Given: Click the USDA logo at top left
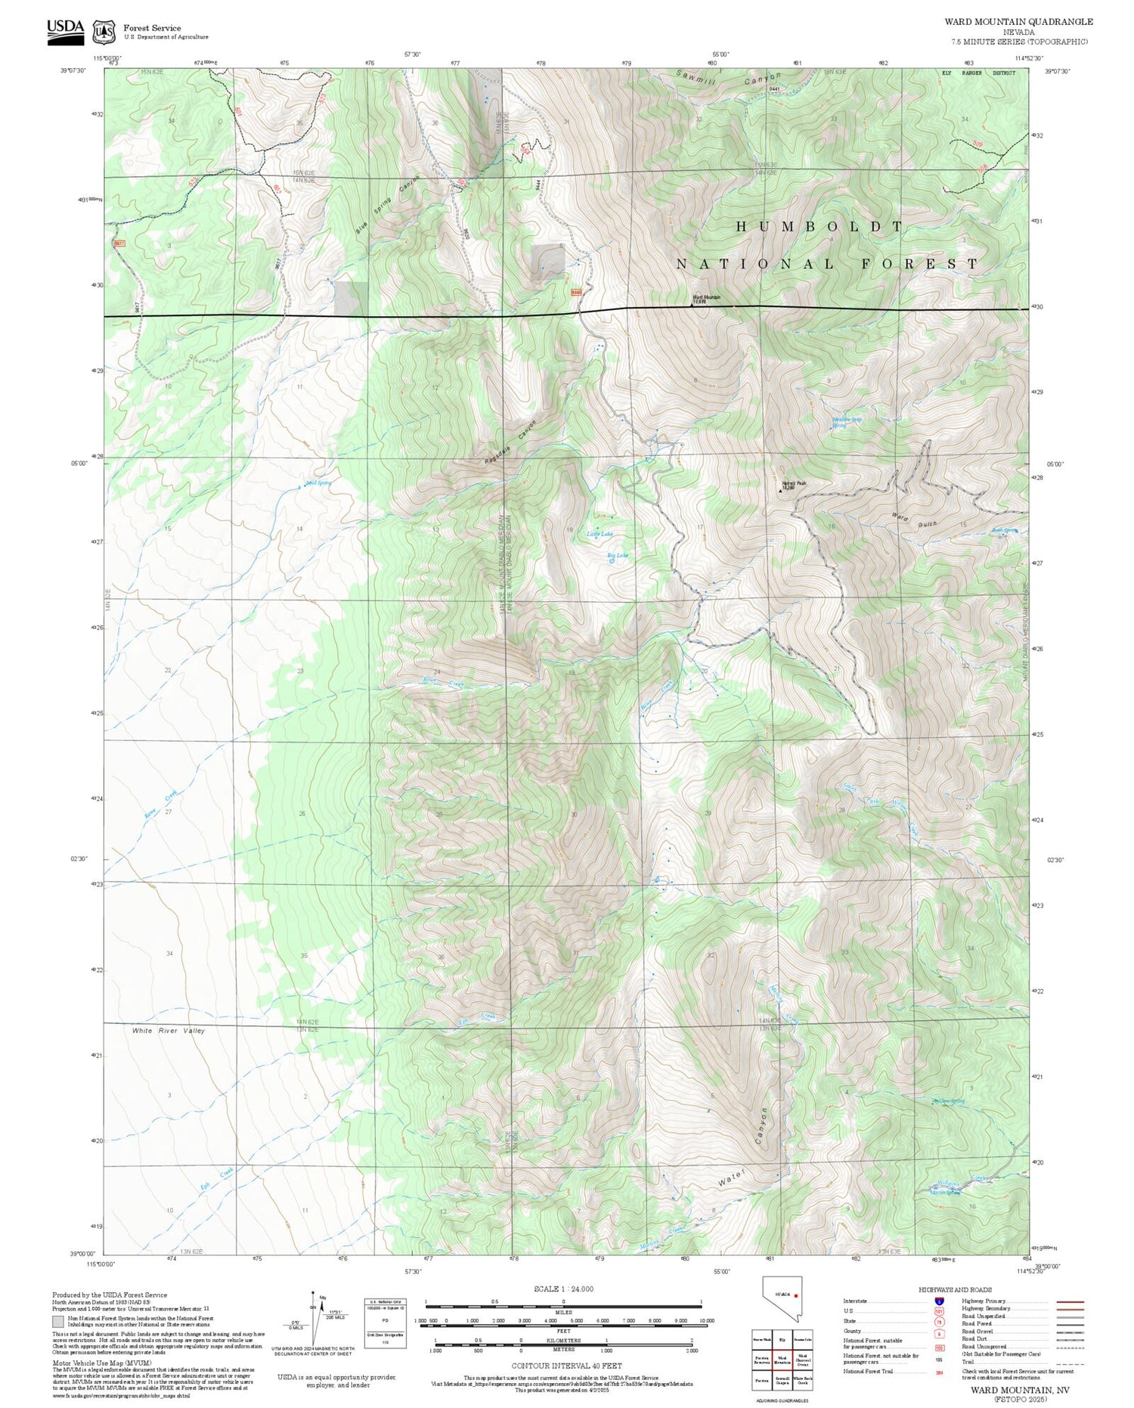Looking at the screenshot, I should pyautogui.click(x=66, y=31).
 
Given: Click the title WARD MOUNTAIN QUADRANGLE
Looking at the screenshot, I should pyautogui.click(x=1018, y=21).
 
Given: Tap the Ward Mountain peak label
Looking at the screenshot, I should pyautogui.click(x=707, y=299).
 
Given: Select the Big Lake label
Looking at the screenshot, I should pyautogui.click(x=618, y=555).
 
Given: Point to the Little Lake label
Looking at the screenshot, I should pyautogui.click(x=600, y=534).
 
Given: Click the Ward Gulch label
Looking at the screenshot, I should pyautogui.click(x=915, y=520).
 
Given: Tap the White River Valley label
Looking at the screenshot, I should pyautogui.click(x=168, y=1031).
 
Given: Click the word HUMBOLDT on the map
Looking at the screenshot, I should pyautogui.click(x=820, y=226).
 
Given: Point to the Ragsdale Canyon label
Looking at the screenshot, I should pyautogui.click(x=510, y=443).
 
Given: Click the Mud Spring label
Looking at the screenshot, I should pyautogui.click(x=318, y=482).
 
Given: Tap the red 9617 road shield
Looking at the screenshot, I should pyautogui.click(x=119, y=243).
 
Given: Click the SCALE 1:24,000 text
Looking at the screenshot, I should pyautogui.click(x=563, y=1289).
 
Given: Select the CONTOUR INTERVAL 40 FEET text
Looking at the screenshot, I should pyautogui.click(x=566, y=1366).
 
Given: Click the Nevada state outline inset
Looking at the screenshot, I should pyautogui.click(x=782, y=1298).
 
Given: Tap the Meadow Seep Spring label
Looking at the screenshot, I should pyautogui.click(x=847, y=422).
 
